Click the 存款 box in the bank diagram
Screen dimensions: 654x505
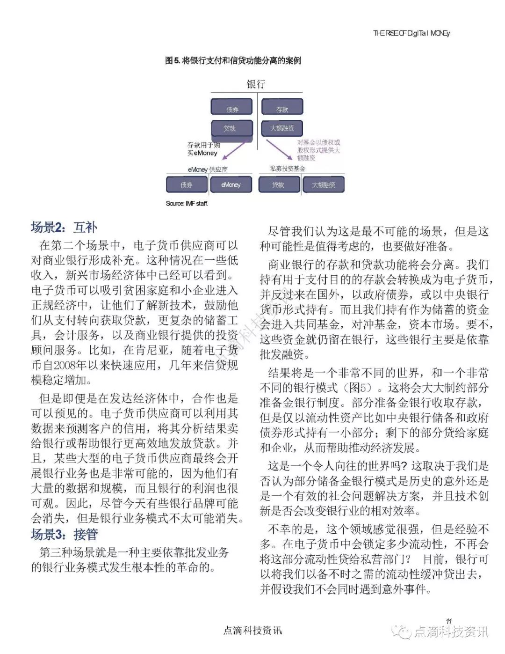coord(282,107)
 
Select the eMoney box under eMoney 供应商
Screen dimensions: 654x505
coord(231,184)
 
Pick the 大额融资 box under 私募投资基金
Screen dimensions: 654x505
coord(324,184)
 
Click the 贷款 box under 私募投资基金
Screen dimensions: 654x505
coord(279,184)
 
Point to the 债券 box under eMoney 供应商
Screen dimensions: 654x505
coord(187,184)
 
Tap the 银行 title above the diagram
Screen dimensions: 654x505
coord(256,84)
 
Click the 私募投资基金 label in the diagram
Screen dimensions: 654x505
coord(288,169)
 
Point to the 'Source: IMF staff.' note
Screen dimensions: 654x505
coord(187,203)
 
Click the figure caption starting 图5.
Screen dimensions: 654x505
coord(232,61)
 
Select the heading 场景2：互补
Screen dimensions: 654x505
coord(64,228)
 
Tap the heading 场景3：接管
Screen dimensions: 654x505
coord(64,534)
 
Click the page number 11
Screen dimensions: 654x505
coord(448,621)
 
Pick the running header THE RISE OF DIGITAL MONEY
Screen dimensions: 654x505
coord(411,33)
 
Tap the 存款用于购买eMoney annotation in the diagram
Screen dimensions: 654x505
coord(203,149)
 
